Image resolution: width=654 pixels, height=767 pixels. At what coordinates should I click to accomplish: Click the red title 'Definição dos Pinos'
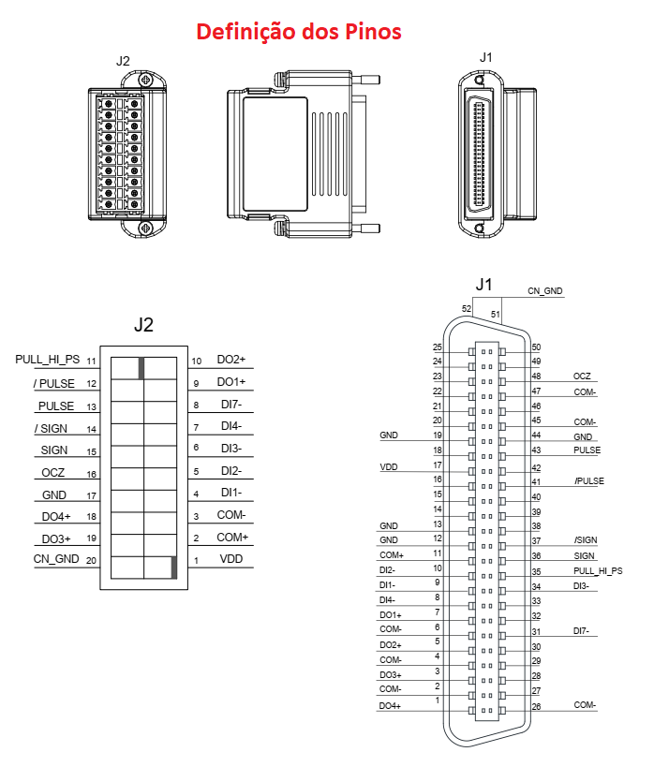click(x=299, y=32)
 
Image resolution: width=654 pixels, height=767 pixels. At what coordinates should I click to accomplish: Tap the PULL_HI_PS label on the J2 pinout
click(x=48, y=360)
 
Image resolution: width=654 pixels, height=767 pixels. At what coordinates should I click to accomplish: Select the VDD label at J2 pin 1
click(x=231, y=559)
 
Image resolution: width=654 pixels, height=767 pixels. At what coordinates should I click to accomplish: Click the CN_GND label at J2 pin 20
click(x=56, y=559)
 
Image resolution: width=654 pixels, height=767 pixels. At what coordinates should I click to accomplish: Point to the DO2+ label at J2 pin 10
click(x=231, y=360)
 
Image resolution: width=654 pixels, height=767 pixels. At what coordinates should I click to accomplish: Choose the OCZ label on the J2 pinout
click(x=52, y=473)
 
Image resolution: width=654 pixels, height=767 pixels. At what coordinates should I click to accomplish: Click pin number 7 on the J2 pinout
click(x=196, y=428)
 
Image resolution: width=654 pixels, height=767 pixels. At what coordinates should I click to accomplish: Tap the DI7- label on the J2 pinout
click(x=231, y=405)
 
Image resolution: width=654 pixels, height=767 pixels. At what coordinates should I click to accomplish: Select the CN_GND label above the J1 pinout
click(x=544, y=291)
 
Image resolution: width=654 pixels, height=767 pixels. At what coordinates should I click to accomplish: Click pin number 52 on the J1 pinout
click(x=467, y=309)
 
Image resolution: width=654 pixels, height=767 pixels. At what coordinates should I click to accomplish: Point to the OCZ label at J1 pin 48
click(x=582, y=376)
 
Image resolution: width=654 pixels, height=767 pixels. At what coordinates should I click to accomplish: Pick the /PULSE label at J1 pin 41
click(x=589, y=480)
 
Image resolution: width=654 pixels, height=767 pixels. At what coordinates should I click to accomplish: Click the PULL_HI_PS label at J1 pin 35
click(x=598, y=571)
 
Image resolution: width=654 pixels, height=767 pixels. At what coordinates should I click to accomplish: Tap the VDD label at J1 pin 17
click(x=389, y=467)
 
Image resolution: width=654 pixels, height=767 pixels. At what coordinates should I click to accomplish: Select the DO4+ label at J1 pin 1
click(x=390, y=706)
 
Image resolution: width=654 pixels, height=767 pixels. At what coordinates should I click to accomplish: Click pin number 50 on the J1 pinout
click(x=537, y=347)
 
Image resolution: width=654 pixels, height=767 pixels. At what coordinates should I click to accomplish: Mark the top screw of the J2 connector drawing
click(x=145, y=80)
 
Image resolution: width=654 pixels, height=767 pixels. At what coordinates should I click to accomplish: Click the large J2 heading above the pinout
click(x=143, y=325)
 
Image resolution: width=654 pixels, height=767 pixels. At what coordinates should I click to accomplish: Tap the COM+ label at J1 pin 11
click(x=392, y=555)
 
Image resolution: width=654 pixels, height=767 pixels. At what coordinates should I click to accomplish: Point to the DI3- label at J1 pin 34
click(x=581, y=585)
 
